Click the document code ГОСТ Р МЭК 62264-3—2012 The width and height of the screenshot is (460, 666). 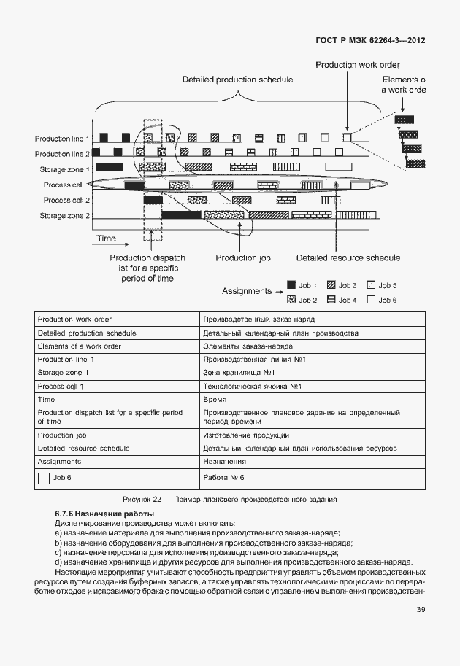[x=370, y=40]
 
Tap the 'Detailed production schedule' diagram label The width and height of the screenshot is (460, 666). [x=237, y=79]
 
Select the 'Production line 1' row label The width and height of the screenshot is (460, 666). [x=63, y=139]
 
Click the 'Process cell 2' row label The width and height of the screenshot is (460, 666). [x=66, y=200]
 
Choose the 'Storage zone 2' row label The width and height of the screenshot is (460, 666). [x=65, y=215]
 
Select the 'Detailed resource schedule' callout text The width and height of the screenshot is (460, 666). [x=348, y=258]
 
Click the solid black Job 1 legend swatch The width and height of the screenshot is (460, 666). [x=291, y=285]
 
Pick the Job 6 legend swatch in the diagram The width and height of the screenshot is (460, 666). [x=371, y=299]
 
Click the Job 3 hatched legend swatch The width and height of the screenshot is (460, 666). [x=331, y=285]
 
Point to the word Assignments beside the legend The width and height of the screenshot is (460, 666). [x=246, y=291]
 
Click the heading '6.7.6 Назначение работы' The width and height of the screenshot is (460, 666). [x=99, y=514]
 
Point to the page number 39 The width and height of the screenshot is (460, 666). [x=421, y=610]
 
